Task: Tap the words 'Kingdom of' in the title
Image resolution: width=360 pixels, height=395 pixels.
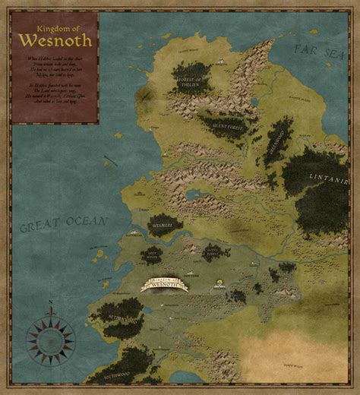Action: point(53,28)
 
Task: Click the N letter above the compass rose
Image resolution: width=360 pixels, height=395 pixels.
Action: point(51,304)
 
